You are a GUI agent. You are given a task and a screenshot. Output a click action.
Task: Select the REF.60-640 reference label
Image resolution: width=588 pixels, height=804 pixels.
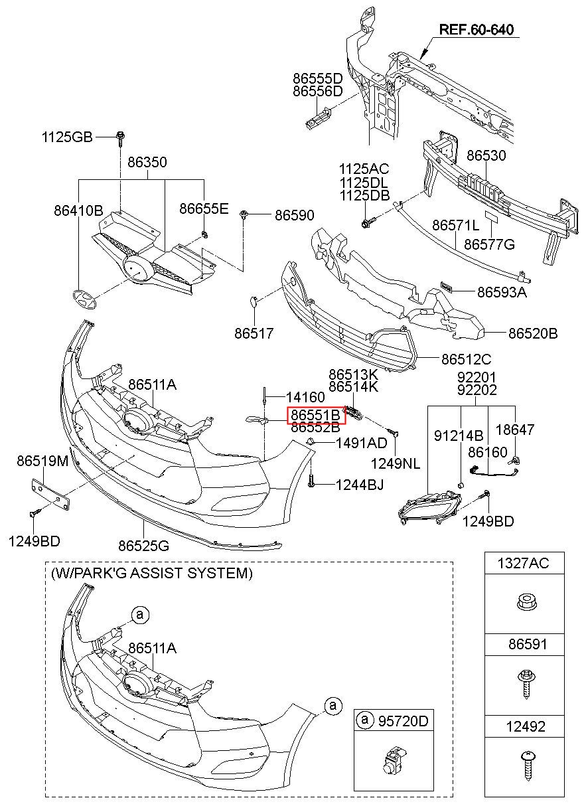[x=476, y=30]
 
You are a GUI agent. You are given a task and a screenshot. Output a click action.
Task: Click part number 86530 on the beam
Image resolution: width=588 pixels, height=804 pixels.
[x=486, y=156]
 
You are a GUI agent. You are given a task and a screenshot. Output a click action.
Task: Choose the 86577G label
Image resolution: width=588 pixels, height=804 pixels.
[x=489, y=244]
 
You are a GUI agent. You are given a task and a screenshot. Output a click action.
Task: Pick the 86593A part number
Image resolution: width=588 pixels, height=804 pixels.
[x=502, y=291]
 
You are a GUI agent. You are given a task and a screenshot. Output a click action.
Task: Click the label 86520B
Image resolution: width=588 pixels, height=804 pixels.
[x=533, y=333]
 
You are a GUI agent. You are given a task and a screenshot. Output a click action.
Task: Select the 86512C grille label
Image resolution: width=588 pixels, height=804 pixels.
[x=467, y=359]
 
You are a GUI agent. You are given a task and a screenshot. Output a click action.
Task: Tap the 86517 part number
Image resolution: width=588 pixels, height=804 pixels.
[x=254, y=333]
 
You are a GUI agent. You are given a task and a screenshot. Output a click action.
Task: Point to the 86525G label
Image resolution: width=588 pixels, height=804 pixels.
[x=144, y=546]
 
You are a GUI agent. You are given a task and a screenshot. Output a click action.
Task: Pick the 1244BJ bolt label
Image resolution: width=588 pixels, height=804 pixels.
[x=359, y=486]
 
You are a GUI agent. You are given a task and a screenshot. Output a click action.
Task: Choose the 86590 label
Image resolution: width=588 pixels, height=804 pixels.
[x=295, y=216]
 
